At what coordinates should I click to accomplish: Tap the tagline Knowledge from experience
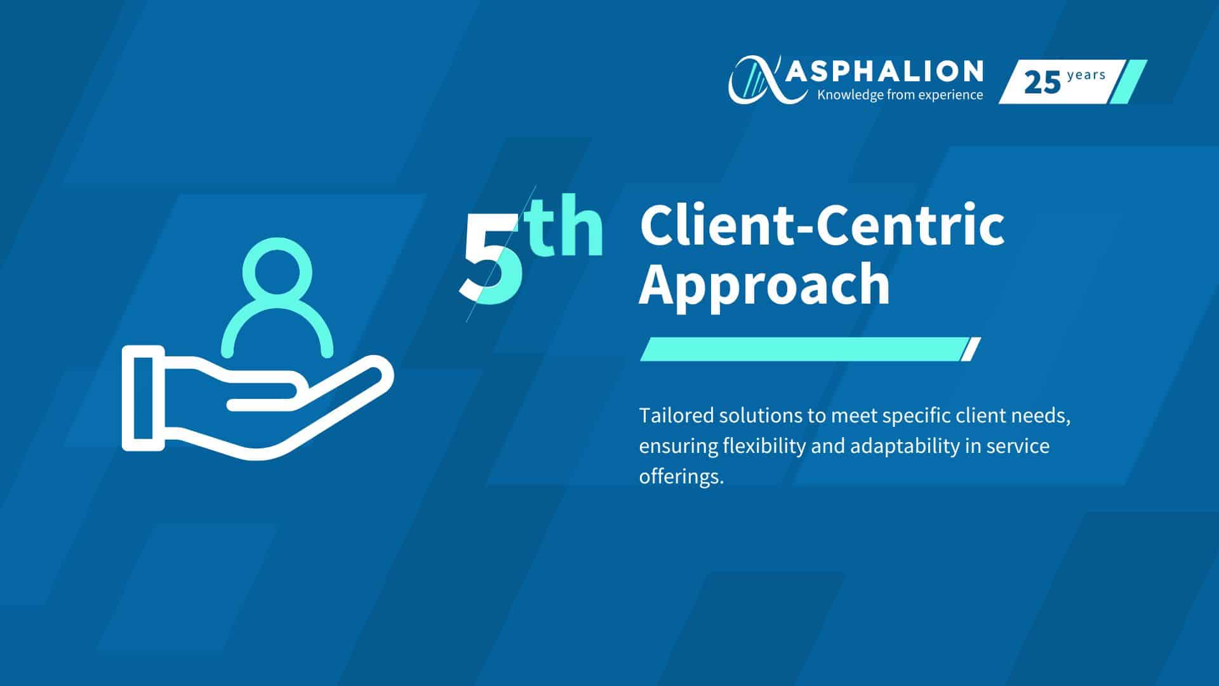pos(900,95)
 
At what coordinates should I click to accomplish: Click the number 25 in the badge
pos(1042,83)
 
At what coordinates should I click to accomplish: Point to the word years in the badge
pos(1086,76)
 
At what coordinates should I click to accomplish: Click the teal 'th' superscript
pos(567,225)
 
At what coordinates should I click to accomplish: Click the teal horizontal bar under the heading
pos(810,349)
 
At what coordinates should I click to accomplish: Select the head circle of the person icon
pos(277,243)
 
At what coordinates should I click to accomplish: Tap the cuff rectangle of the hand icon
pos(143,398)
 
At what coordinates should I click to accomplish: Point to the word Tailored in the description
pos(676,415)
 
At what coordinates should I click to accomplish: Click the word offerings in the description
pos(681,477)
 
